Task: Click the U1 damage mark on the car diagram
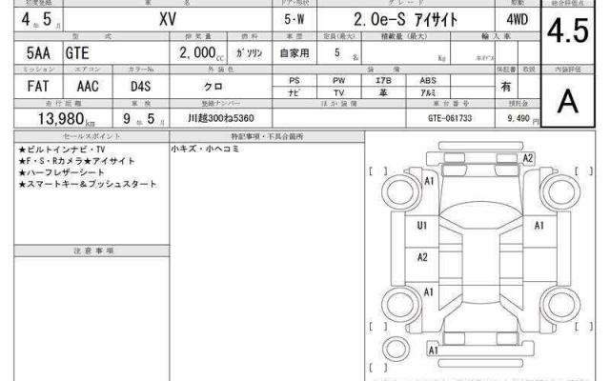click(422, 226)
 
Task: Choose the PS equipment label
click(295, 81)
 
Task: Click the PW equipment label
click(338, 81)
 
